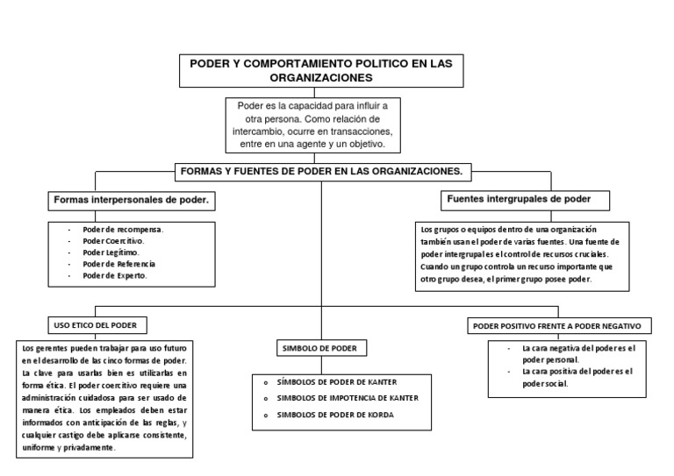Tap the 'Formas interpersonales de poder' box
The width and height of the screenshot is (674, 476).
[132, 201]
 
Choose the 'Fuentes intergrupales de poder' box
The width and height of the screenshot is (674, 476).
[518, 199]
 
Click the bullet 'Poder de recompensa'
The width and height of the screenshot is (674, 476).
[123, 230]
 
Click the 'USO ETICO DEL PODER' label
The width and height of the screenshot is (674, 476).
[94, 323]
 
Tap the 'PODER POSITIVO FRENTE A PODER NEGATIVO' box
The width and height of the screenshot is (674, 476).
[557, 326]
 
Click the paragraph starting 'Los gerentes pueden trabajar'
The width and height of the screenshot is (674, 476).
[104, 397]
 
